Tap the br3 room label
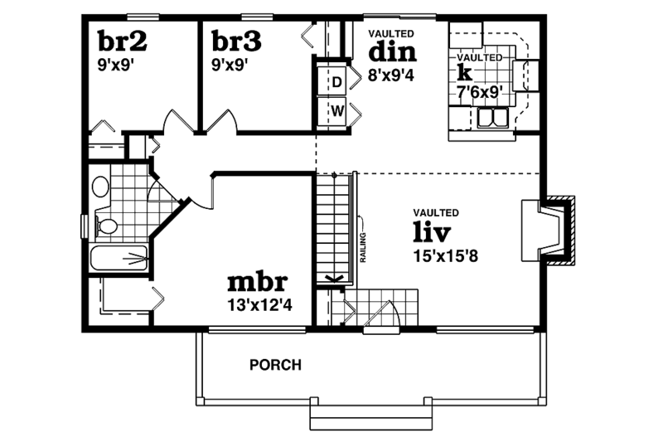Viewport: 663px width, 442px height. pyautogui.click(x=236, y=41)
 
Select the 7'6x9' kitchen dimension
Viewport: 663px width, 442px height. pyautogui.click(x=482, y=93)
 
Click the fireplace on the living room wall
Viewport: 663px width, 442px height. pyautogui.click(x=548, y=231)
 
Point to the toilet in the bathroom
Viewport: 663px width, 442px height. pyautogui.click(x=106, y=225)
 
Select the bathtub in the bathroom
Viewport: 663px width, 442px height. pyautogui.click(x=119, y=259)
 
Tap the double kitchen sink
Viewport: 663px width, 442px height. pyautogui.click(x=493, y=121)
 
